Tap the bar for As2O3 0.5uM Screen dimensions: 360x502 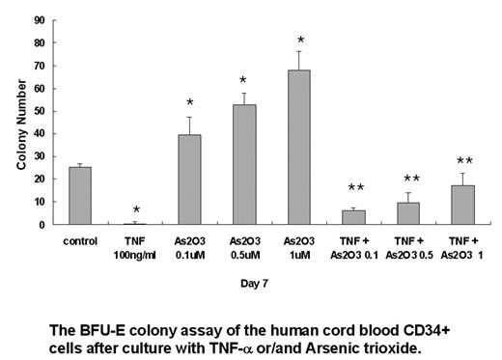coord(245,164)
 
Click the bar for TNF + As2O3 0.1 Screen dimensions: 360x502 coord(354,217)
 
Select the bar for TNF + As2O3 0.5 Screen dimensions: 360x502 coord(409,213)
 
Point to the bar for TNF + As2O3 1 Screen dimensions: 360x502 coord(464,205)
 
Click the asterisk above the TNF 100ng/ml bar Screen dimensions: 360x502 coord(136,210)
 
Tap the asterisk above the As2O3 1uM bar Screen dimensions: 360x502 coord(300,42)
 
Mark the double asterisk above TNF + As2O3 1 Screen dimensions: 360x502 coord(464,161)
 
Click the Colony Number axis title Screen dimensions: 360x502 coord(20,123)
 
